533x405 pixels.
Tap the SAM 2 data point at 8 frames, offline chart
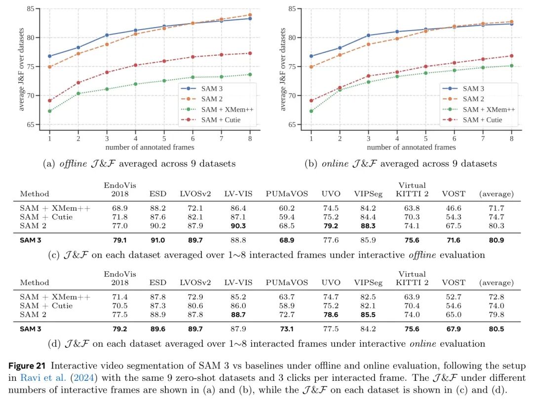click(x=250, y=15)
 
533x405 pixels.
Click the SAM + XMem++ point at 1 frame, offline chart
click(x=50, y=111)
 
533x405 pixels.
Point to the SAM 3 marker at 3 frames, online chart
click(x=368, y=35)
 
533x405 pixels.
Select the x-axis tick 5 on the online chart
click(x=425, y=139)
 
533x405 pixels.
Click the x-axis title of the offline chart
click(x=150, y=147)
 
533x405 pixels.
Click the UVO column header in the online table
click(x=331, y=283)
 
